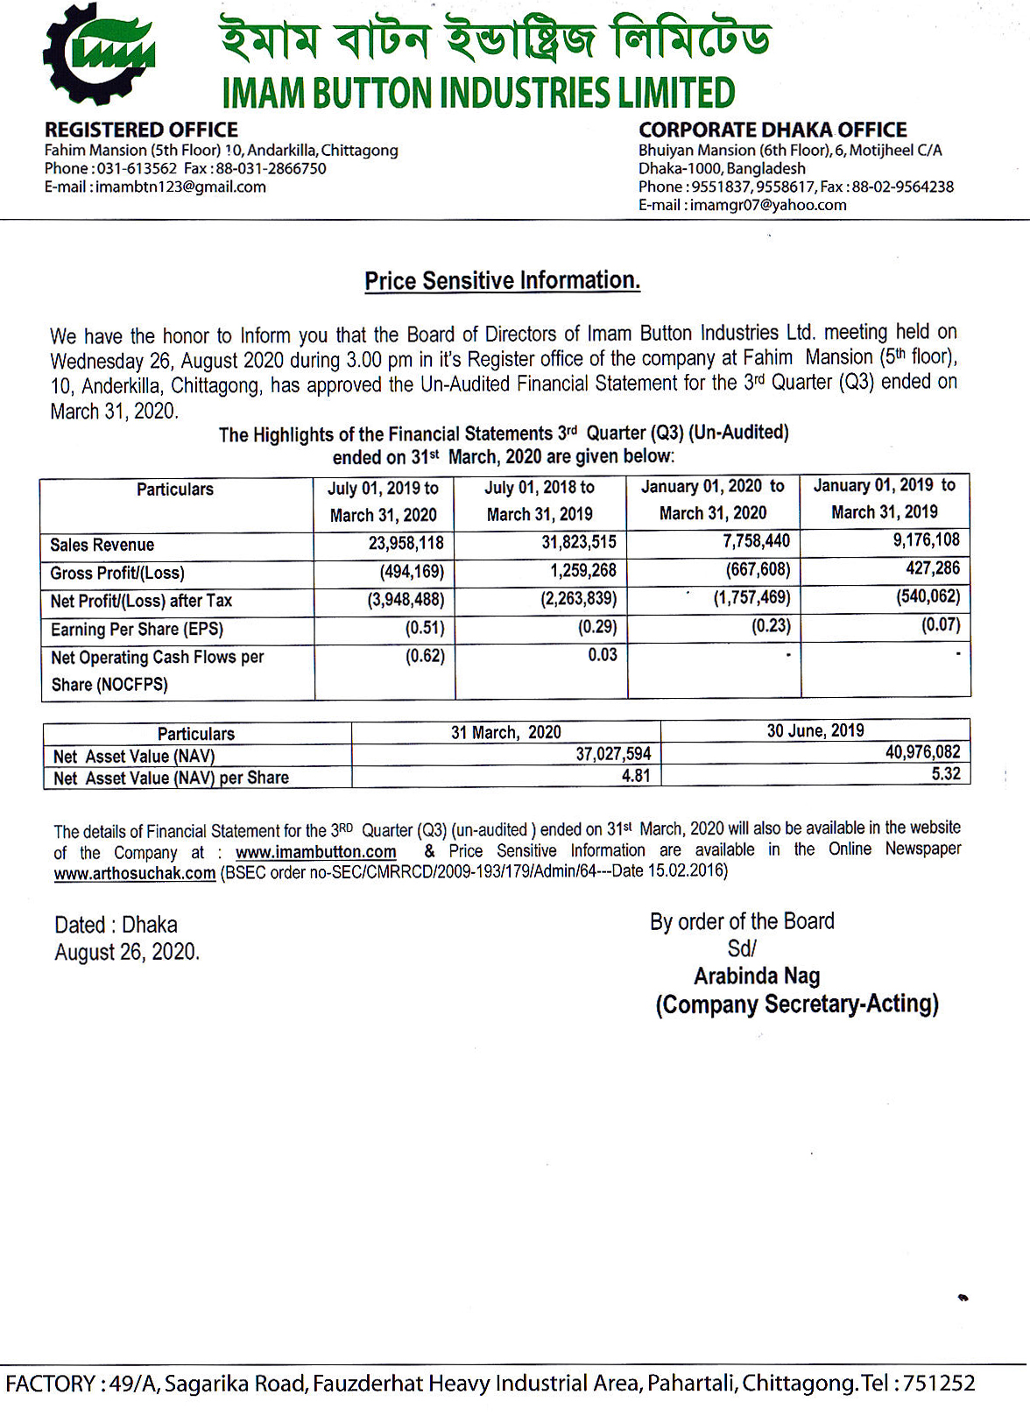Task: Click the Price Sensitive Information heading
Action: pyautogui.click(x=502, y=281)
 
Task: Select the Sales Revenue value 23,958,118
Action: pyautogui.click(x=406, y=544)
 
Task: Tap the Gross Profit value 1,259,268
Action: pyautogui.click(x=583, y=571)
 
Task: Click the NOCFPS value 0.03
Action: pyautogui.click(x=602, y=655)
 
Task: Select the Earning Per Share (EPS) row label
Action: pyautogui.click(x=137, y=629)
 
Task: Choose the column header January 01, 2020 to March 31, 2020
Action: pyautogui.click(x=712, y=499)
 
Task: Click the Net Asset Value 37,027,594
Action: pyautogui.click(x=613, y=754)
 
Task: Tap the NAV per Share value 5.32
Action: pyautogui.click(x=946, y=774)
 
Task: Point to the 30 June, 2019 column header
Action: pyautogui.click(x=815, y=731)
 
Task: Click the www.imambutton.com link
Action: pyautogui.click(x=315, y=852)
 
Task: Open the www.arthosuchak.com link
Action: pyautogui.click(x=135, y=873)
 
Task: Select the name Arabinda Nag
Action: pyautogui.click(x=757, y=976)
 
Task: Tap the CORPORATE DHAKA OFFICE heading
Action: pyautogui.click(x=772, y=130)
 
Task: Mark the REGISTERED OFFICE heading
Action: pyautogui.click(x=141, y=130)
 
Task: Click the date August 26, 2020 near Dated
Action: pyautogui.click(x=126, y=953)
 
